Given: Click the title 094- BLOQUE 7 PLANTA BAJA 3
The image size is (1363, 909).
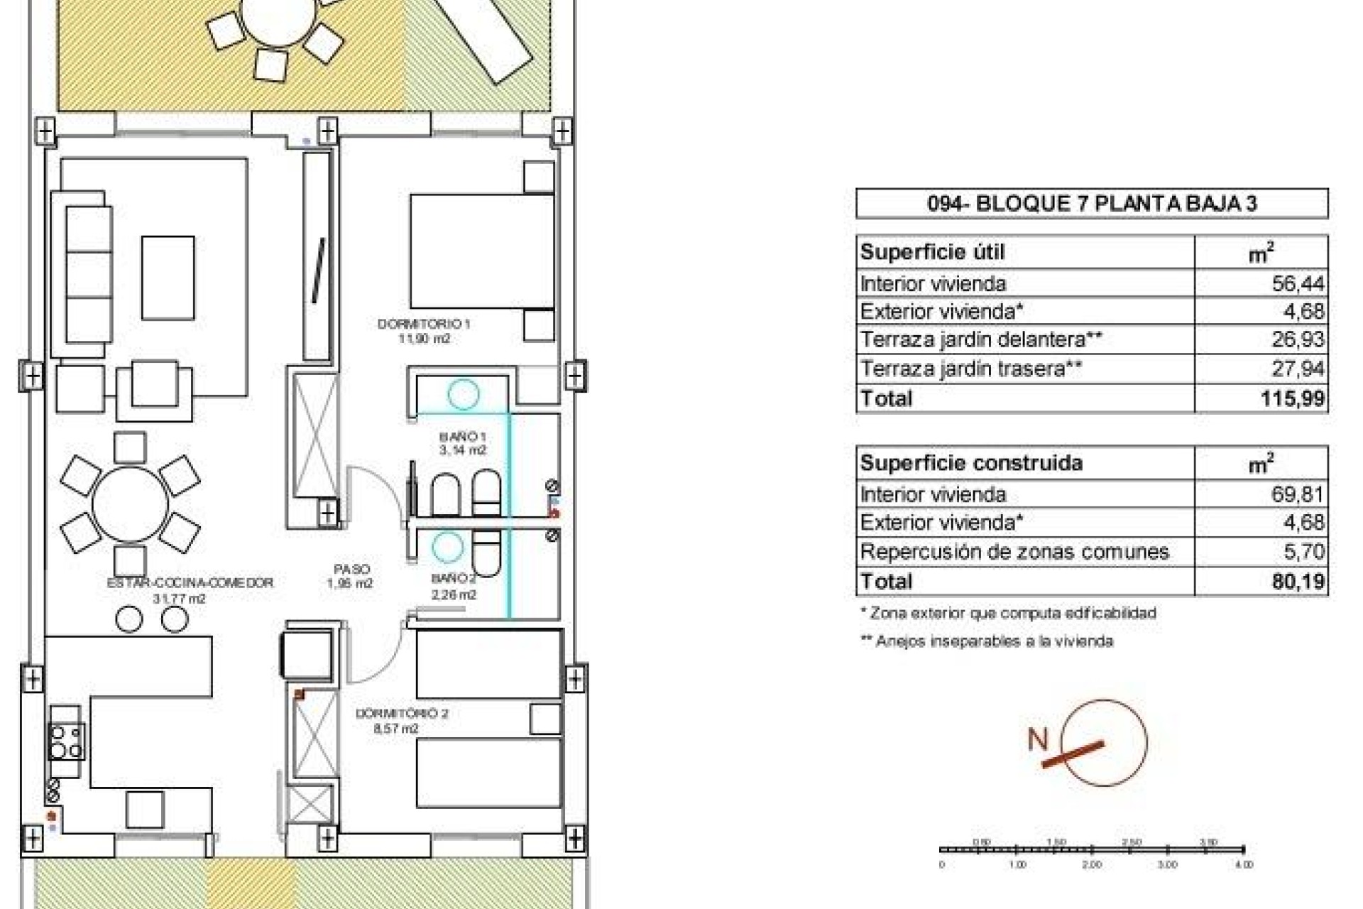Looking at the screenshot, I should point(1091,204).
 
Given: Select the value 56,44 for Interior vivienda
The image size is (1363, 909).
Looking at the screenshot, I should point(1298,284).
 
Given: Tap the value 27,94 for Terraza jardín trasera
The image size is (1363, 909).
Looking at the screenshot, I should point(1298,369).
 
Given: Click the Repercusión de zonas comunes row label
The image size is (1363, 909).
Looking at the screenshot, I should point(1014,552).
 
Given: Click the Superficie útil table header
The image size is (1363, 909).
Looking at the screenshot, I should point(932,252).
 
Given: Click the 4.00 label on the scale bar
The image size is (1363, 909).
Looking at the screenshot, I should point(1244,865).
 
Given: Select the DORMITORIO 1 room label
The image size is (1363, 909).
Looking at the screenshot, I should point(424,325).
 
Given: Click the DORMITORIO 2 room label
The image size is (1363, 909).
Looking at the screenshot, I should point(402,714).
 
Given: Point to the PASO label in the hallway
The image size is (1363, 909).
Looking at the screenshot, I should point(351,570).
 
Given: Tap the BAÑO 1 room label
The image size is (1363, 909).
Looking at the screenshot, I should point(462,437).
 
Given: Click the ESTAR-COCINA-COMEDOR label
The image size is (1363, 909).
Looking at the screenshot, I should point(190,583).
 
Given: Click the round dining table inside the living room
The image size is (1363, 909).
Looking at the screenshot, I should point(130,504).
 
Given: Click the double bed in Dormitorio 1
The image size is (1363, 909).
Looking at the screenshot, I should point(481,251).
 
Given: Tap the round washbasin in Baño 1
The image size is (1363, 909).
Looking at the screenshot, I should point(463,395).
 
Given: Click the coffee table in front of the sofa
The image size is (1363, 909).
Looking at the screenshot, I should point(168,278).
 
